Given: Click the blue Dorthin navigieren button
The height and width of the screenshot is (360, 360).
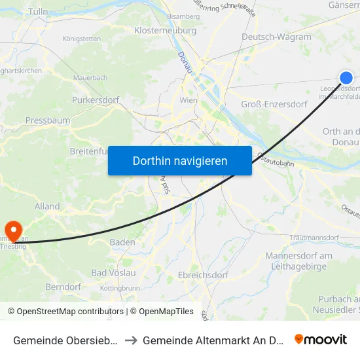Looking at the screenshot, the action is (x=180, y=160).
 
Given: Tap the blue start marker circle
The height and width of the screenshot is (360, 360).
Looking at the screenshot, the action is (x=346, y=78).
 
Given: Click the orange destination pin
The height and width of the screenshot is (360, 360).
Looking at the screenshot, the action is (x=12, y=229).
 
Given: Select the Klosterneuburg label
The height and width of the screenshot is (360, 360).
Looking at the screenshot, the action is (x=165, y=31).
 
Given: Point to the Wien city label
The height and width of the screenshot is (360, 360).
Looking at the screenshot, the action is (x=189, y=100).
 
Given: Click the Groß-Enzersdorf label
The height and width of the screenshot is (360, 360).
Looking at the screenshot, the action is (x=274, y=104).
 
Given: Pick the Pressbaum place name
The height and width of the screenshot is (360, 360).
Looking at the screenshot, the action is (x=47, y=120).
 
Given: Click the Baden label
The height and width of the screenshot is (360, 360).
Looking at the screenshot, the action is (x=122, y=242).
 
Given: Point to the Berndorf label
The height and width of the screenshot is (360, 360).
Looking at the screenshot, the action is (x=63, y=287).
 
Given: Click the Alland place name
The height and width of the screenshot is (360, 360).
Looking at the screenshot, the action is (x=47, y=206).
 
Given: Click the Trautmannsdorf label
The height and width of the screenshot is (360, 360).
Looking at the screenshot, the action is (x=315, y=237).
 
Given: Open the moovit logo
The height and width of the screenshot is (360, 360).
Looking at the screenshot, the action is (x=321, y=339).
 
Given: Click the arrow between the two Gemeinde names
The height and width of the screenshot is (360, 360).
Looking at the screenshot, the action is (x=131, y=340).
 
